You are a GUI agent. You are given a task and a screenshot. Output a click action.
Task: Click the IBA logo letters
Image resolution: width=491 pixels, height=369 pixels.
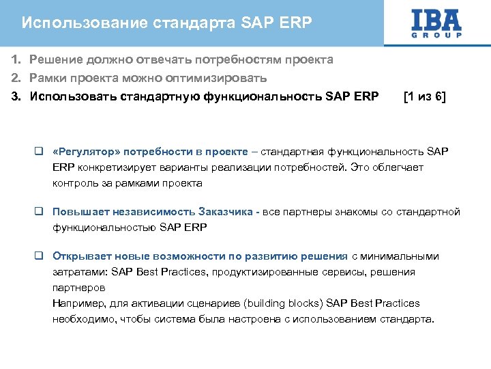click(x=436, y=18)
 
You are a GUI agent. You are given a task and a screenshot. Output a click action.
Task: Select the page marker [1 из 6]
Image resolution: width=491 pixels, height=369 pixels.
click(x=424, y=96)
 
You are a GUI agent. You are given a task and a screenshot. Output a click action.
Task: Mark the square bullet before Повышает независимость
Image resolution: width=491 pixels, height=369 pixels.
click(x=40, y=213)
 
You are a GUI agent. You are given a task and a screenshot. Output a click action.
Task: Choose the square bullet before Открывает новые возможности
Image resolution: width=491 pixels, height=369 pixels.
click(x=40, y=257)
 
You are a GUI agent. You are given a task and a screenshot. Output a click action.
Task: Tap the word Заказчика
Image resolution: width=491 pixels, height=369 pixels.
click(x=226, y=213)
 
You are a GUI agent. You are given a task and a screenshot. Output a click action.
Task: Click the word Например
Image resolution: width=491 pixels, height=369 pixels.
click(x=76, y=303)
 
